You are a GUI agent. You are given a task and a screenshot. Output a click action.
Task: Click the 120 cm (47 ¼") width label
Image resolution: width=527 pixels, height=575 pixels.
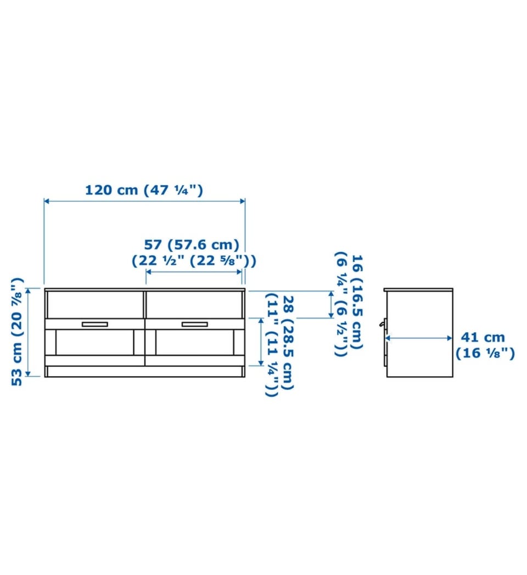[x=144, y=191]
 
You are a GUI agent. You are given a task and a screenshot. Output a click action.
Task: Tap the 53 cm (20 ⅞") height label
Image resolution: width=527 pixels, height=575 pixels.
[x=17, y=332]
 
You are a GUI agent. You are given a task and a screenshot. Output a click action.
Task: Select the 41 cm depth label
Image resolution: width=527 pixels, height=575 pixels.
[x=483, y=337]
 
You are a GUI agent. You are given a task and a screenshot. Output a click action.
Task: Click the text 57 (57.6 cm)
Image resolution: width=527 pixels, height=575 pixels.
[x=191, y=244]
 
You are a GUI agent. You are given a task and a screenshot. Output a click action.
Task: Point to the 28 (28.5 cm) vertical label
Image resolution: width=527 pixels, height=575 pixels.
[x=288, y=343]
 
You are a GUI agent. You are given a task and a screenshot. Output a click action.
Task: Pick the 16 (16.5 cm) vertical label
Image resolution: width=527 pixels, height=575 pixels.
[x=357, y=302]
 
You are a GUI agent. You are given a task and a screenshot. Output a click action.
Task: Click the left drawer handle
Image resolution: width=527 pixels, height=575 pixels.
[x=95, y=324]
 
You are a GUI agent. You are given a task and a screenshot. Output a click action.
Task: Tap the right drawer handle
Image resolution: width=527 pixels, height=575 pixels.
[x=194, y=324]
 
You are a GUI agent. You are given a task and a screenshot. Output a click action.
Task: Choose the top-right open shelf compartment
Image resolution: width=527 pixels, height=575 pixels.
[x=194, y=305]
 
